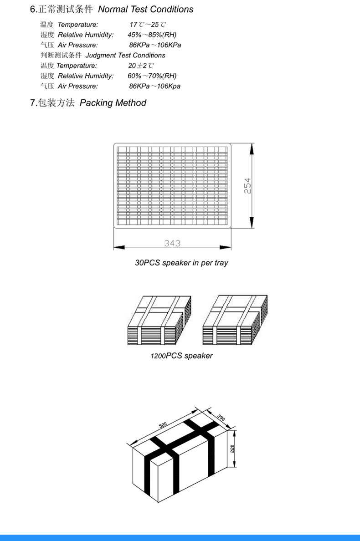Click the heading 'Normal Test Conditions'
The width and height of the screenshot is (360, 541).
coord(146,10)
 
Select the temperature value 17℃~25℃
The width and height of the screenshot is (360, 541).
coord(148,25)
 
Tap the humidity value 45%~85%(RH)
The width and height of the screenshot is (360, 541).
coord(152,35)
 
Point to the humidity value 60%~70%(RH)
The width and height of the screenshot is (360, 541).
coord(152,76)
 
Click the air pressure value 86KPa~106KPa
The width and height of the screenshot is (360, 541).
coord(155,45)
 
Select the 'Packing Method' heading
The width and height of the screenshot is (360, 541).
coord(113,103)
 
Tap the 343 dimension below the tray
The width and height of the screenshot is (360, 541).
coord(173,244)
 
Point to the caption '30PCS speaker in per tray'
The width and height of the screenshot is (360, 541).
coord(181,263)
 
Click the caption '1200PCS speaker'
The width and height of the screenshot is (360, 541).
coord(181,356)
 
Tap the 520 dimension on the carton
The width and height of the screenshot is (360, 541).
coord(163,425)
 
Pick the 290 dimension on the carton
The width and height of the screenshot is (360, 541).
coord(221,417)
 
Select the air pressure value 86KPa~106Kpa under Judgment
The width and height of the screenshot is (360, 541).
coord(155,86)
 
